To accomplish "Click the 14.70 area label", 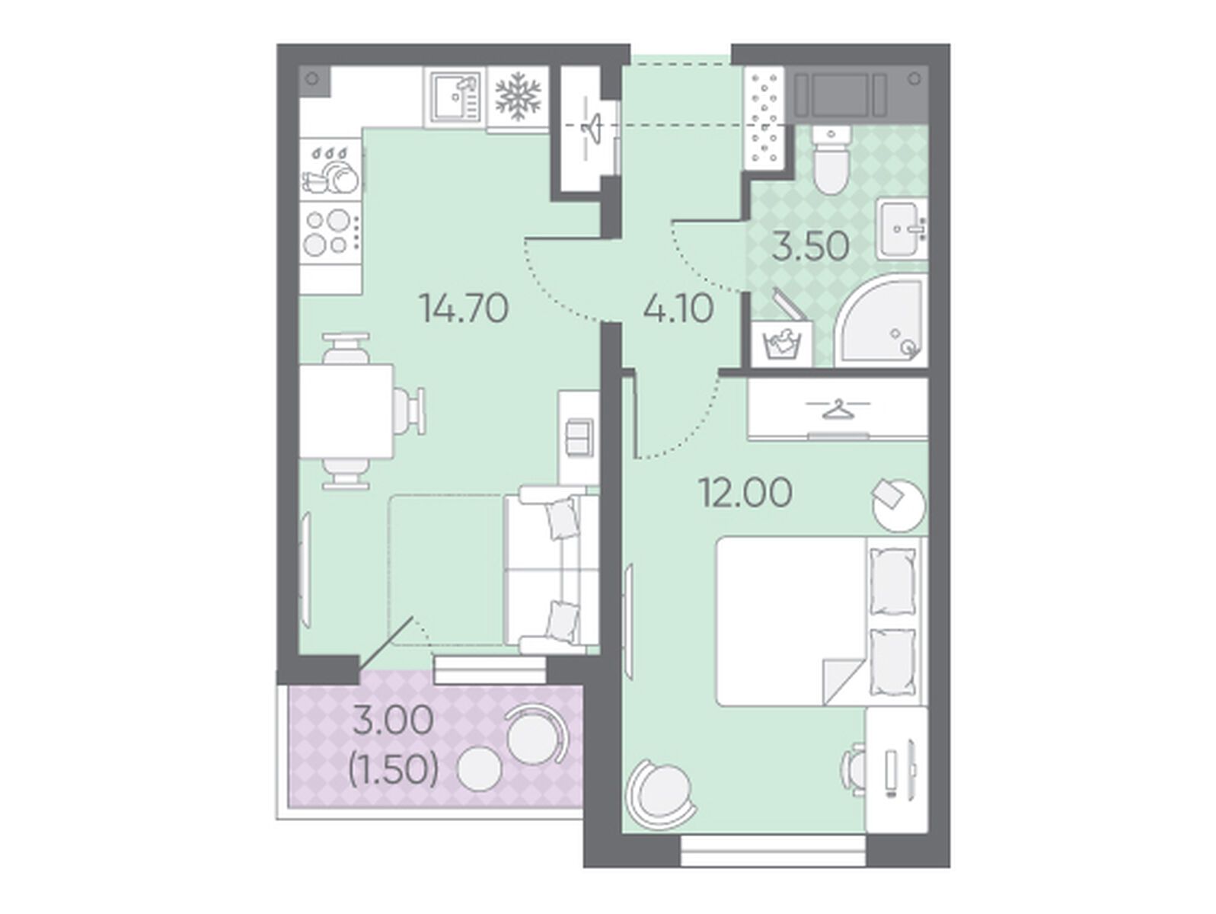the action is pyautogui.click(x=464, y=308).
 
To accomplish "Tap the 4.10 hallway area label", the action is pyautogui.click(x=678, y=308).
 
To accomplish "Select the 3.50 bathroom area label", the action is pyautogui.click(x=810, y=246).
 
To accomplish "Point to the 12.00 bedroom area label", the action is pyautogui.click(x=745, y=493).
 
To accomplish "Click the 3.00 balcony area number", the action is pyautogui.click(x=393, y=721).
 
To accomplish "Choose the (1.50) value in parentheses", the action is pyautogui.click(x=393, y=770).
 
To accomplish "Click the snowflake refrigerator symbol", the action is pyautogui.click(x=518, y=97).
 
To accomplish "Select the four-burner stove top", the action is pyautogui.click(x=331, y=232).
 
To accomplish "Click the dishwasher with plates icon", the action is pyautogui.click(x=331, y=169).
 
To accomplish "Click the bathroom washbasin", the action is pyautogui.click(x=902, y=230).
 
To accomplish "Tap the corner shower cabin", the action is pyautogui.click(x=882, y=320).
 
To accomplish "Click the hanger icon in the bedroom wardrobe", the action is pyautogui.click(x=837, y=409).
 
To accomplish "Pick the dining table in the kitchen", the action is pyautogui.click(x=346, y=411).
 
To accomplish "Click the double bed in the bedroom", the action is pyautogui.click(x=822, y=621).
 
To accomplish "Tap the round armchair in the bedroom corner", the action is pyautogui.click(x=660, y=796).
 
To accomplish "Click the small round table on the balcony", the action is pyautogui.click(x=479, y=769).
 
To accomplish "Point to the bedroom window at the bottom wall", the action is pyautogui.click(x=773, y=850).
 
